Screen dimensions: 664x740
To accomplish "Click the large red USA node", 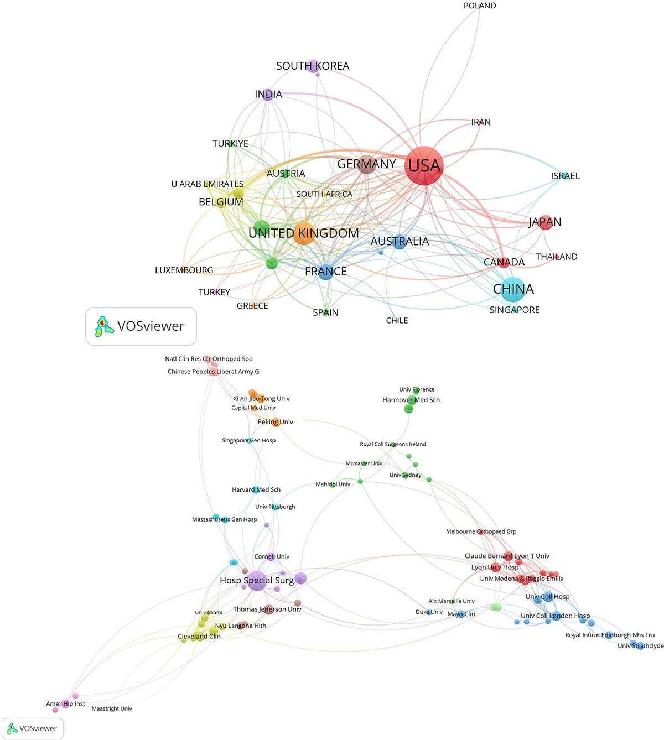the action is click(423, 165).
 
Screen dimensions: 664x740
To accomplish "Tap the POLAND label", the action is click(479, 6).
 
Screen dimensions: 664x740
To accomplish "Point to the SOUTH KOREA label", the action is click(313, 66).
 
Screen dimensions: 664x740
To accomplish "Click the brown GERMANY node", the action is click(366, 164).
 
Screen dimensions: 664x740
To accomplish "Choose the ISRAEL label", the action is click(565, 176).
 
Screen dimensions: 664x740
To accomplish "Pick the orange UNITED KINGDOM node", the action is click(304, 233).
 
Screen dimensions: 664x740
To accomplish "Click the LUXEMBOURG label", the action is click(184, 270).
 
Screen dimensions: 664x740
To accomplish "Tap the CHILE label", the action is click(397, 320).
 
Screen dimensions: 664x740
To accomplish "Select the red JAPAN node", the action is click(545, 222).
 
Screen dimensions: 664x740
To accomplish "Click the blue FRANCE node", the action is click(325, 272).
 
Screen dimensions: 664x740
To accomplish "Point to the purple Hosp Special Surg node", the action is click(257, 581).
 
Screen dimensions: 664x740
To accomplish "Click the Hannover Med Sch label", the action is click(411, 400).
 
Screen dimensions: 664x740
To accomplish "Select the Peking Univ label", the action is click(275, 422).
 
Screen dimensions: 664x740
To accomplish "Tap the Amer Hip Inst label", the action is click(65, 704).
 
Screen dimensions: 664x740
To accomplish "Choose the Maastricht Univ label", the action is click(112, 708).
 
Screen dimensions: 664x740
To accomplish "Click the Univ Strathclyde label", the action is click(640, 646).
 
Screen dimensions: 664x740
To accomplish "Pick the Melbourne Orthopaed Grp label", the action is click(481, 531).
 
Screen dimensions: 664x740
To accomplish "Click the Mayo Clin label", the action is click(461, 614).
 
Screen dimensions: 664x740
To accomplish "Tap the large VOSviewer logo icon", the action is click(104, 326).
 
